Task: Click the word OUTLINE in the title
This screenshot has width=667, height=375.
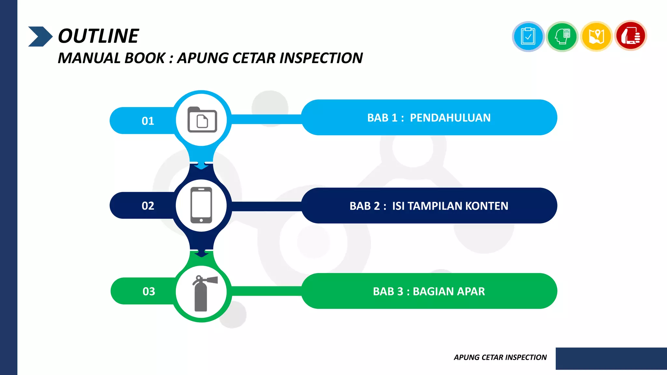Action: point(98,36)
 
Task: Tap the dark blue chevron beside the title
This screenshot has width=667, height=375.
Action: point(40,36)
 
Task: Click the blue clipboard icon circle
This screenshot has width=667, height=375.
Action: point(528,36)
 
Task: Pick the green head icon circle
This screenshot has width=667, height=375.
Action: point(562,36)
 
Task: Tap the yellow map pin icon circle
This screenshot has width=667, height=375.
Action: point(596,36)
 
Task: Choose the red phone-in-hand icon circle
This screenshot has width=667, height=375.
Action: point(631,36)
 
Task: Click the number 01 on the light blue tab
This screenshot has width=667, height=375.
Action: point(148,121)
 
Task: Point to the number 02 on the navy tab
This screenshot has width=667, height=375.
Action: point(148,206)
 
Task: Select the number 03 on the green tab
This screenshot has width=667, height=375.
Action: point(149,291)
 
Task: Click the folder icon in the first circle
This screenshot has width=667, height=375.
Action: point(202,120)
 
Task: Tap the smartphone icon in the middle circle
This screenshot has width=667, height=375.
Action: point(201,205)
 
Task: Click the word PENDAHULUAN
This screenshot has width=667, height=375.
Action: point(450,118)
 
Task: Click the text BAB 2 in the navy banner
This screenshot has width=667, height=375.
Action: point(364,206)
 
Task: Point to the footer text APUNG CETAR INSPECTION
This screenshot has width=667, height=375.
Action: point(500,357)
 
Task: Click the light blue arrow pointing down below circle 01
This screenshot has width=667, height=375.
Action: point(201,166)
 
